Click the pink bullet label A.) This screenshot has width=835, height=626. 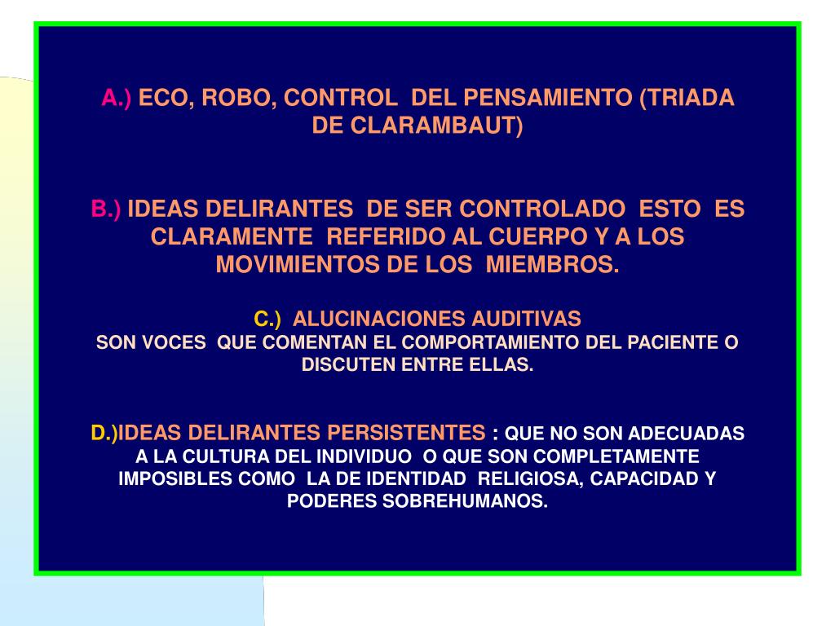[x=116, y=98]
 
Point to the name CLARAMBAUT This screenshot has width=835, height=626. [x=432, y=126]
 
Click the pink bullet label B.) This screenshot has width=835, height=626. [x=106, y=209]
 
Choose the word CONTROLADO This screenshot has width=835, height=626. [x=542, y=209]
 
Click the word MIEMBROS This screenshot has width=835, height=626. [x=553, y=265]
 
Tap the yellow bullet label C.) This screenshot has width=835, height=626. [x=267, y=319]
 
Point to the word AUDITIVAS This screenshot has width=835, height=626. [x=526, y=319]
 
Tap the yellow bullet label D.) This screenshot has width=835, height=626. [x=104, y=434]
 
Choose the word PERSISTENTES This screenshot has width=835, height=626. [x=406, y=433]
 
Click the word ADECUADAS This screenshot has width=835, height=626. [x=686, y=434]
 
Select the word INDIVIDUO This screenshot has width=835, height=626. [x=364, y=456]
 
